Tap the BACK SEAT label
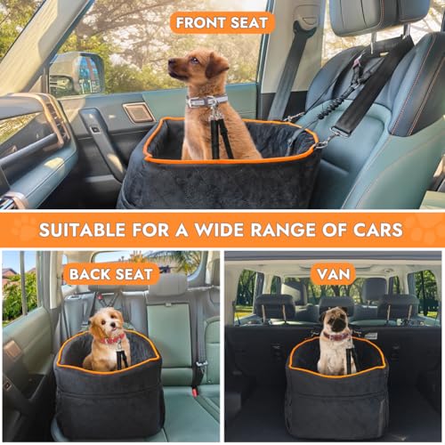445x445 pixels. [x=110, y=273]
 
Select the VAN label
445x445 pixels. [x=333, y=273]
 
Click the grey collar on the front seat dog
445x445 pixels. [x=206, y=101]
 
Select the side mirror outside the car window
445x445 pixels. [x=77, y=72]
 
